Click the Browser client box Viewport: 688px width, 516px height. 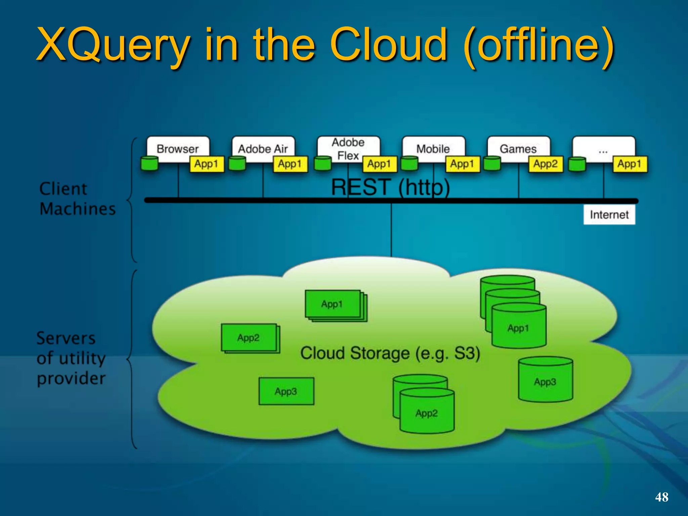tap(177, 148)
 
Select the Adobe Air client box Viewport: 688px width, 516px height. tap(263, 148)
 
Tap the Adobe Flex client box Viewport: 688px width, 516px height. tap(348, 148)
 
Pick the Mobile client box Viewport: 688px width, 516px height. tap(433, 148)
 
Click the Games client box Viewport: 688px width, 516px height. tap(518, 148)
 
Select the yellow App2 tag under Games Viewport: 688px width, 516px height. tap(546, 164)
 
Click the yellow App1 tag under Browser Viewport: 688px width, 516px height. tap(206, 164)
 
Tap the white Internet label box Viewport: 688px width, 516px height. tap(609, 215)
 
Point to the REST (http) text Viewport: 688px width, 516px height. tap(390, 187)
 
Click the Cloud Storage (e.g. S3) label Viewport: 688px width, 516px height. tap(390, 353)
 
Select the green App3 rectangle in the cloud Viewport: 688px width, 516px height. tap(286, 391)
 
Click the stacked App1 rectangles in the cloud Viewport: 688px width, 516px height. tap(333, 304)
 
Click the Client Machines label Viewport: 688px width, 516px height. tap(77, 199)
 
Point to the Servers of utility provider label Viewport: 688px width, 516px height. tap(71, 358)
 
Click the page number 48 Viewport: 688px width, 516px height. tap(661, 497)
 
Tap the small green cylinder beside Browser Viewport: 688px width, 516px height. tap(149, 163)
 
